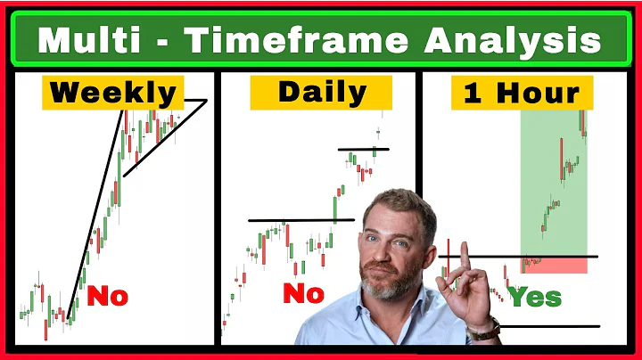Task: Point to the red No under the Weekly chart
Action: pyautogui.click(x=107, y=296)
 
